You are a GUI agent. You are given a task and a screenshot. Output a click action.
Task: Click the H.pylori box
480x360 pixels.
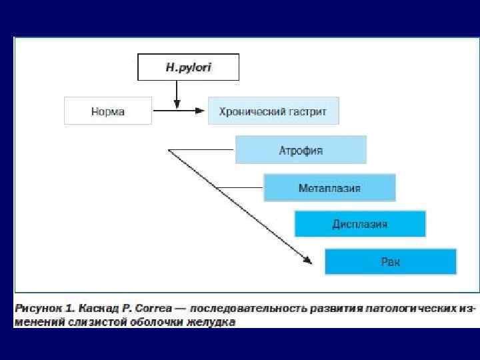[188, 67]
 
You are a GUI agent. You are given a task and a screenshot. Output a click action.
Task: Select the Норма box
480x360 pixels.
[107, 111]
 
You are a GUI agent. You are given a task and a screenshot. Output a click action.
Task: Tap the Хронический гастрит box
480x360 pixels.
[273, 111]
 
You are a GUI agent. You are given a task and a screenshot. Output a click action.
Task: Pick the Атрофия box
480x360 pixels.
[301, 150]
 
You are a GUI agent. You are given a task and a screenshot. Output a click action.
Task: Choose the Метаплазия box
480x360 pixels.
[329, 188]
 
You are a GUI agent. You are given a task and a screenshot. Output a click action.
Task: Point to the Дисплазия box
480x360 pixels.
[360, 223]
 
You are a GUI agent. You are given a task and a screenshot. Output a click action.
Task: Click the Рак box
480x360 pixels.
[391, 261]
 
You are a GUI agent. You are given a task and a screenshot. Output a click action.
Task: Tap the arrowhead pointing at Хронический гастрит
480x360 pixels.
[199, 111]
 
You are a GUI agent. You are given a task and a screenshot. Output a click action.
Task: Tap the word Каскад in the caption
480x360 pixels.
[98, 309]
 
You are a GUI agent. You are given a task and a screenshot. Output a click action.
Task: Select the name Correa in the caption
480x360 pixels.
[153, 309]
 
